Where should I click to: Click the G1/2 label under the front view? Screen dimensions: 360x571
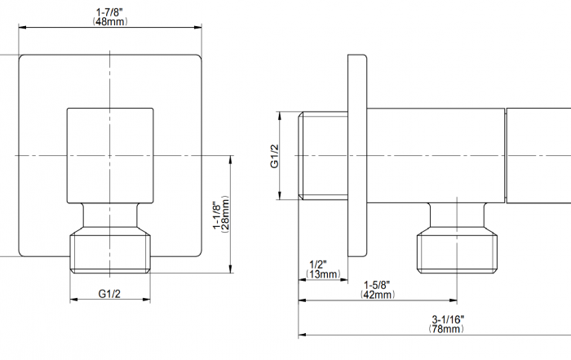(x=111, y=292)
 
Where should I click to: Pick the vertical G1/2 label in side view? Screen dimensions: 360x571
(x=274, y=156)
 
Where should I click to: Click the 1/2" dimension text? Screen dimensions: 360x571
(x=318, y=264)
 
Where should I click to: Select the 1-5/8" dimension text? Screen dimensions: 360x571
(x=377, y=285)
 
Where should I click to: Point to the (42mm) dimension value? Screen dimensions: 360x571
(x=377, y=295)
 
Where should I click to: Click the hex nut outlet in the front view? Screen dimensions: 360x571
(x=111, y=251)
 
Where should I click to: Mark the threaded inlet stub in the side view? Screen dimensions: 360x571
(x=324, y=155)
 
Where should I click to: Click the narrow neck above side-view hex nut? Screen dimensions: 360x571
(x=456, y=216)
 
